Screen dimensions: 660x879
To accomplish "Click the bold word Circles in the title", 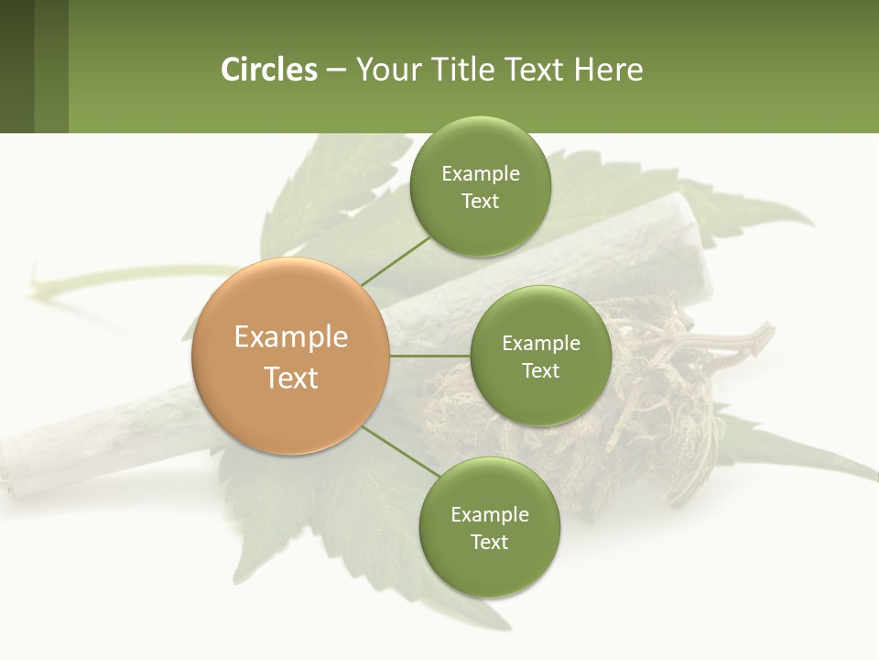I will click(x=268, y=70).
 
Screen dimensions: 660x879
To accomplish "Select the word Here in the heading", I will click(x=609, y=70).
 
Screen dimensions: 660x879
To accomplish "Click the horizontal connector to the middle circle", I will click(x=429, y=356).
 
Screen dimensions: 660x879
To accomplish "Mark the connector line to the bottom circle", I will click(x=399, y=451).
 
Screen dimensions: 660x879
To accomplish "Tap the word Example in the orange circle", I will click(x=291, y=337).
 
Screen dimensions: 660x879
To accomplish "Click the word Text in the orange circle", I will click(x=291, y=378).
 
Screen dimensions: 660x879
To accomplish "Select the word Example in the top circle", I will click(x=480, y=174).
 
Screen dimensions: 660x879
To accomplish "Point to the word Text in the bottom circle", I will click(x=489, y=542).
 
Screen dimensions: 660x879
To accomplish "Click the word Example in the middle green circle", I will click(x=540, y=344).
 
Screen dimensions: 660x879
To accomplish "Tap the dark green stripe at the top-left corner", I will click(x=16, y=66).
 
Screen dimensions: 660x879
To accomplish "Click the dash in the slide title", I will click(x=335, y=71).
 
